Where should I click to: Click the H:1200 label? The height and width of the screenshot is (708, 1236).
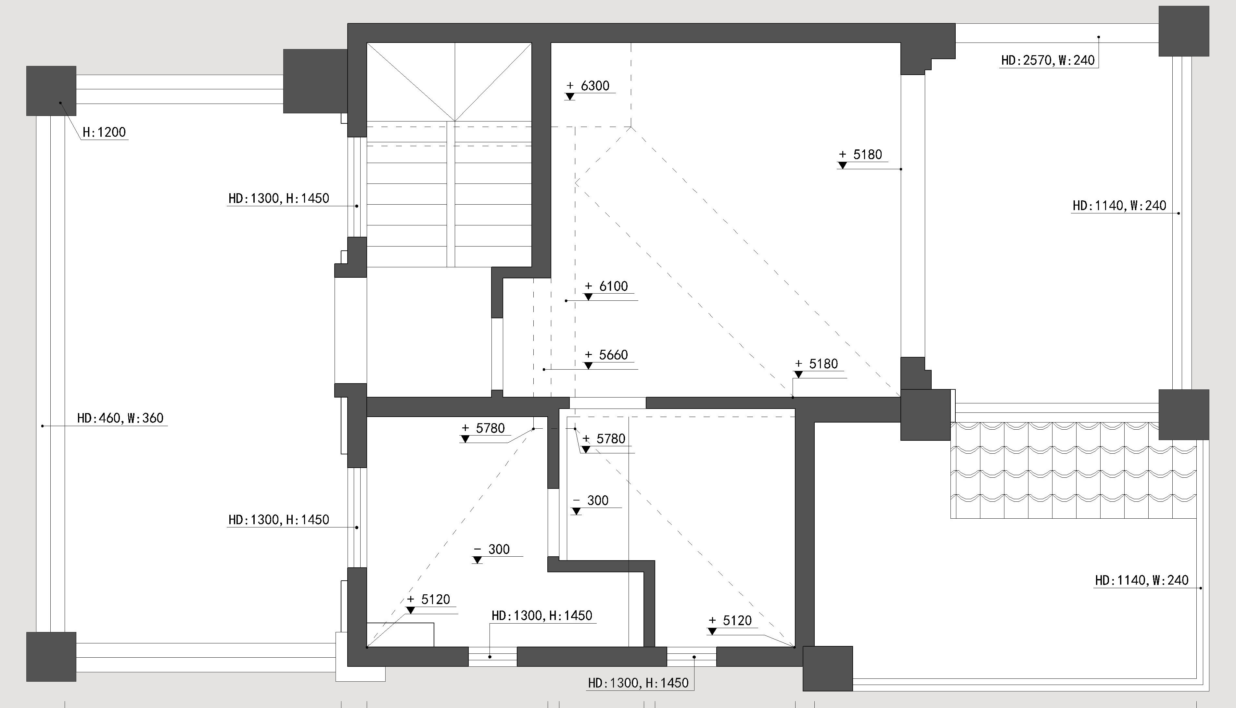coord(104,132)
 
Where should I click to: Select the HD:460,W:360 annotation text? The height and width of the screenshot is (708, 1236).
coord(120,418)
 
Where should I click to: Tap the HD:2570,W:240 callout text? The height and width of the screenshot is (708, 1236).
coord(1048,60)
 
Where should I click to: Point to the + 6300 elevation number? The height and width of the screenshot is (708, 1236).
coord(588,86)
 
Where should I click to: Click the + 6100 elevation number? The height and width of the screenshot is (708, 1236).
coord(606,286)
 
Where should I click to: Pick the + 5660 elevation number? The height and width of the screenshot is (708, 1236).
coord(606,354)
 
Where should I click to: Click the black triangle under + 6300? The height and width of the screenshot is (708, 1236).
coord(570,97)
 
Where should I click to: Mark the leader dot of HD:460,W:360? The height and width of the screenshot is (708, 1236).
coord(43,426)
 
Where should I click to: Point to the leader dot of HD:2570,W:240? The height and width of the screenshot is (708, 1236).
coord(1098,37)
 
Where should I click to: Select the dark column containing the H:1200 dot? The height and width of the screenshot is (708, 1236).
coord(51,91)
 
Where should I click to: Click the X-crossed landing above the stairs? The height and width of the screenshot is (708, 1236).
coord(449,82)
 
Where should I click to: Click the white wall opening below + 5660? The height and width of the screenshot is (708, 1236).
coord(608,403)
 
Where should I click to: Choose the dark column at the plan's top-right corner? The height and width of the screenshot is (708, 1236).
coord(1183,31)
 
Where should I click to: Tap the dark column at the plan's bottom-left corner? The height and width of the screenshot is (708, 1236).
coord(51,656)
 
